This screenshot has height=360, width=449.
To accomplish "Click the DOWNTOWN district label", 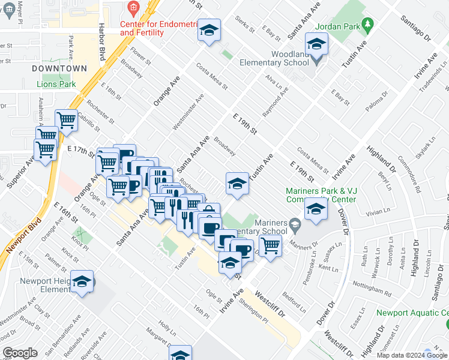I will pos(59,68).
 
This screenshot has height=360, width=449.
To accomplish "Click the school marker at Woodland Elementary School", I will pos(316,44).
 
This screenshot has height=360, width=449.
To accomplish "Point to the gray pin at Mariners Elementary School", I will pos(294,226).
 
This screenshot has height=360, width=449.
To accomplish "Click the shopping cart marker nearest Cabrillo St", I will pos(66,119).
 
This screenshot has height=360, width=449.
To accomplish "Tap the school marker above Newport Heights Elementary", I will pos(82,281).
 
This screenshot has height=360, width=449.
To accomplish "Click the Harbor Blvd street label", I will pos(101,43).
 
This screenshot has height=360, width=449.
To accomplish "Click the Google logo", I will pos(20,353).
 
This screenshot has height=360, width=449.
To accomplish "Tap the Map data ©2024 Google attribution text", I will pos(412,355).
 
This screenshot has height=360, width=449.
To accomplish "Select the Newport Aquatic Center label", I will pos(412,313).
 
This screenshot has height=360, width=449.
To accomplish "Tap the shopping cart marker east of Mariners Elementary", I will pos(270,245).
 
